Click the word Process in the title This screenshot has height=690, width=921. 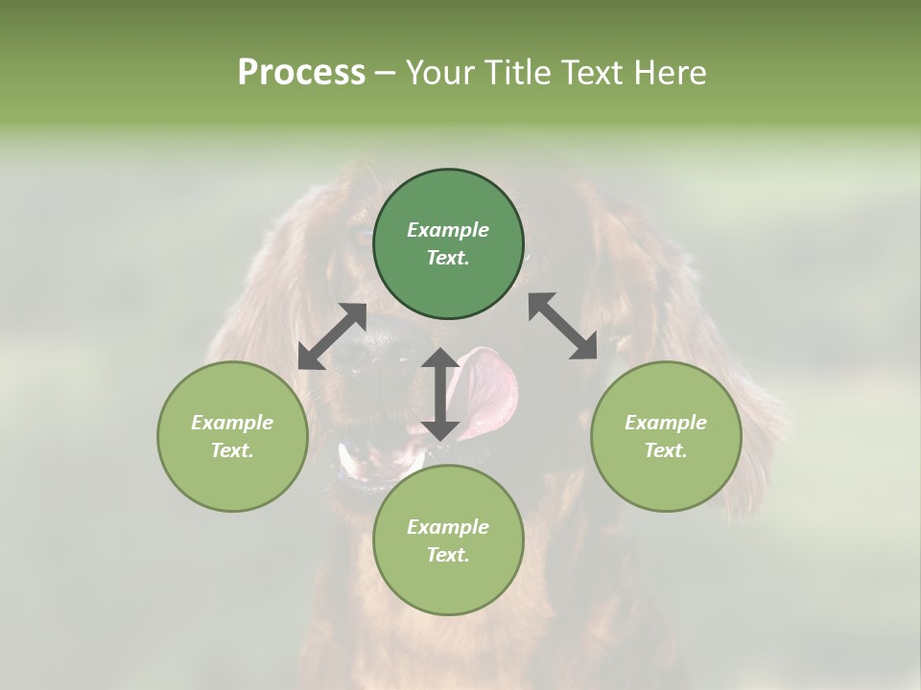coord(301,73)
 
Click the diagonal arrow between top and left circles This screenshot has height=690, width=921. coord(332,336)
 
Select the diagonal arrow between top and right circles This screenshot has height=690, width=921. coord(563,326)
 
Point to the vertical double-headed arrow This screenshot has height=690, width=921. coord(440,394)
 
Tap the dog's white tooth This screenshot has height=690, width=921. coord(347,461)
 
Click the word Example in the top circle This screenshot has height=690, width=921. coord(448,230)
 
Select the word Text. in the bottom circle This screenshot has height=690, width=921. coord(448,555)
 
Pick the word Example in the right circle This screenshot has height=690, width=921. coord(666,423)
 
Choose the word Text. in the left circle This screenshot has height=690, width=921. coord(232,450)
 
